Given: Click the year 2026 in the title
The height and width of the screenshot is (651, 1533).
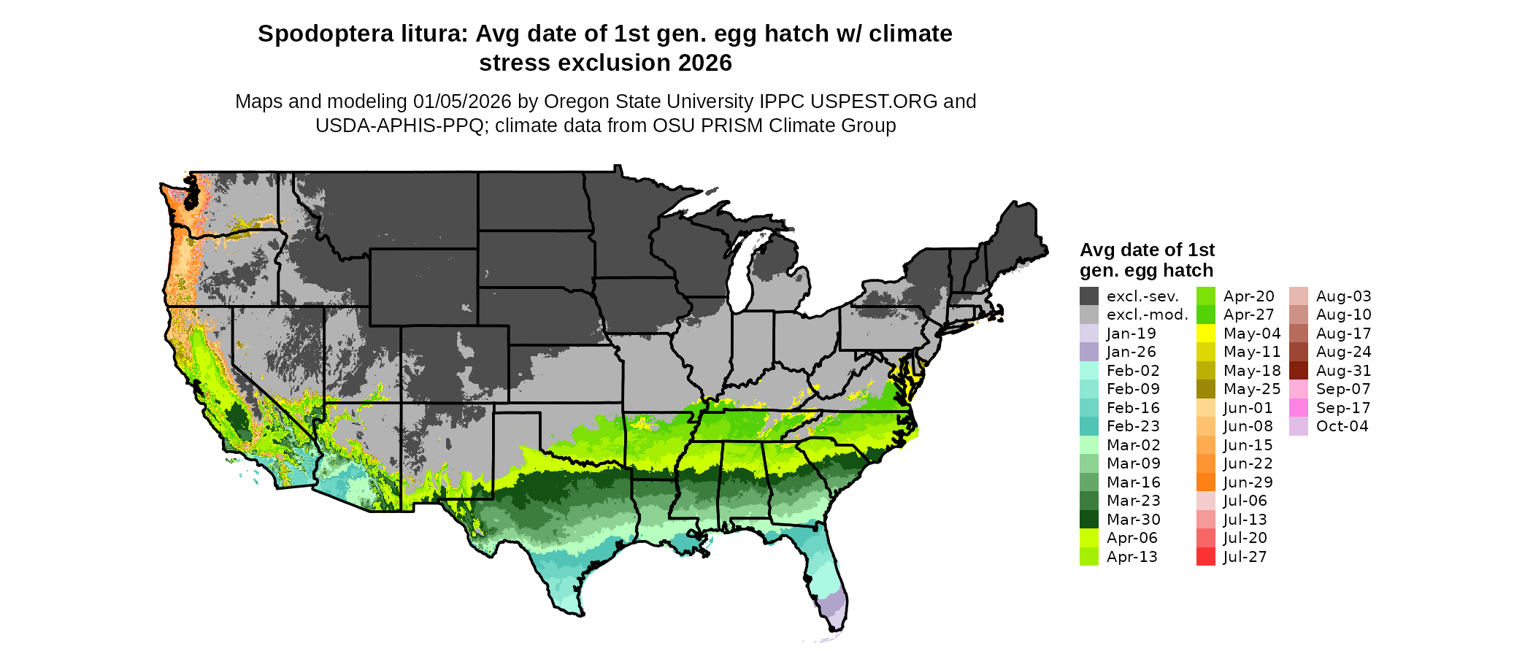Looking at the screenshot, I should click(704, 63).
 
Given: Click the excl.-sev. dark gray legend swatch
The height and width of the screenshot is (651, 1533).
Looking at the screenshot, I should click(1089, 296).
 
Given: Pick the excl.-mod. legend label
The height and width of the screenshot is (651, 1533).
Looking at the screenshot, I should click(1147, 315).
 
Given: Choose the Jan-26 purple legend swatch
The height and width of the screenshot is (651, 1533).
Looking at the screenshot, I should click(1089, 352).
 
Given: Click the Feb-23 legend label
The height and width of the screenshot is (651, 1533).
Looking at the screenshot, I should click(1133, 426).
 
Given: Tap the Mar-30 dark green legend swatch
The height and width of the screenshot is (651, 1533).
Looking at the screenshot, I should click(1089, 519).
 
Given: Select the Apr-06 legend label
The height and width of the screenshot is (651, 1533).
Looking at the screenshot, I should click(1132, 538).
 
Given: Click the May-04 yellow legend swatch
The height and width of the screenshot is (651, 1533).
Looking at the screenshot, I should click(1206, 334).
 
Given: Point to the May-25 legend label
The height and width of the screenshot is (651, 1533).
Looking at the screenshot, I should click(1252, 389).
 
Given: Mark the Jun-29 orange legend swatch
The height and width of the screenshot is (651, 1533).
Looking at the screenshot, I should click(1206, 482).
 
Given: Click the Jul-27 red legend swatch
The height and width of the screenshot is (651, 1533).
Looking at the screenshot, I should click(1206, 556).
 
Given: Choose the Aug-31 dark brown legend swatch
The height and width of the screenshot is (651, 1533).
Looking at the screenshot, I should click(1299, 371).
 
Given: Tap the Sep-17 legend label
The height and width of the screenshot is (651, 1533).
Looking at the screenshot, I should click(1343, 408).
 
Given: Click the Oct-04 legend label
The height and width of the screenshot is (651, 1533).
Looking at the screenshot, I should click(1342, 426).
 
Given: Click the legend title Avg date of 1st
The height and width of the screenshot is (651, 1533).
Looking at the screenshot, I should click(1147, 250).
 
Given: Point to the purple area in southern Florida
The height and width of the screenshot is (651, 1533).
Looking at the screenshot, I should click(831, 604).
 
